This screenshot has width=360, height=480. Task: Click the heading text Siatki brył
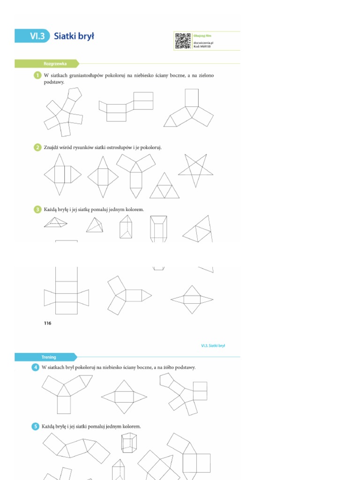pos(74,36)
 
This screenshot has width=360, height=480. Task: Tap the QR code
pos(183,41)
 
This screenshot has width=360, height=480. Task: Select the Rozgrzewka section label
pos(55,64)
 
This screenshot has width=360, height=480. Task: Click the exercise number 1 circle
pos(37,75)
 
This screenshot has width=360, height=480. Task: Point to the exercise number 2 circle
pos(37,147)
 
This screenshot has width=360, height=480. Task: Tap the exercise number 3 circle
pos(37,210)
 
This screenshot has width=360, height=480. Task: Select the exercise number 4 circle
pos(36,367)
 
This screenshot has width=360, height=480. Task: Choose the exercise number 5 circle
pos(36,427)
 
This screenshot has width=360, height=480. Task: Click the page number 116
pos(47,323)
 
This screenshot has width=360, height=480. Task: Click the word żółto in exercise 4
pos(165,367)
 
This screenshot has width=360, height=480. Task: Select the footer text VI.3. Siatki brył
pos(213,345)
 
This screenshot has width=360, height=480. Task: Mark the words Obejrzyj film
pos(203,36)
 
